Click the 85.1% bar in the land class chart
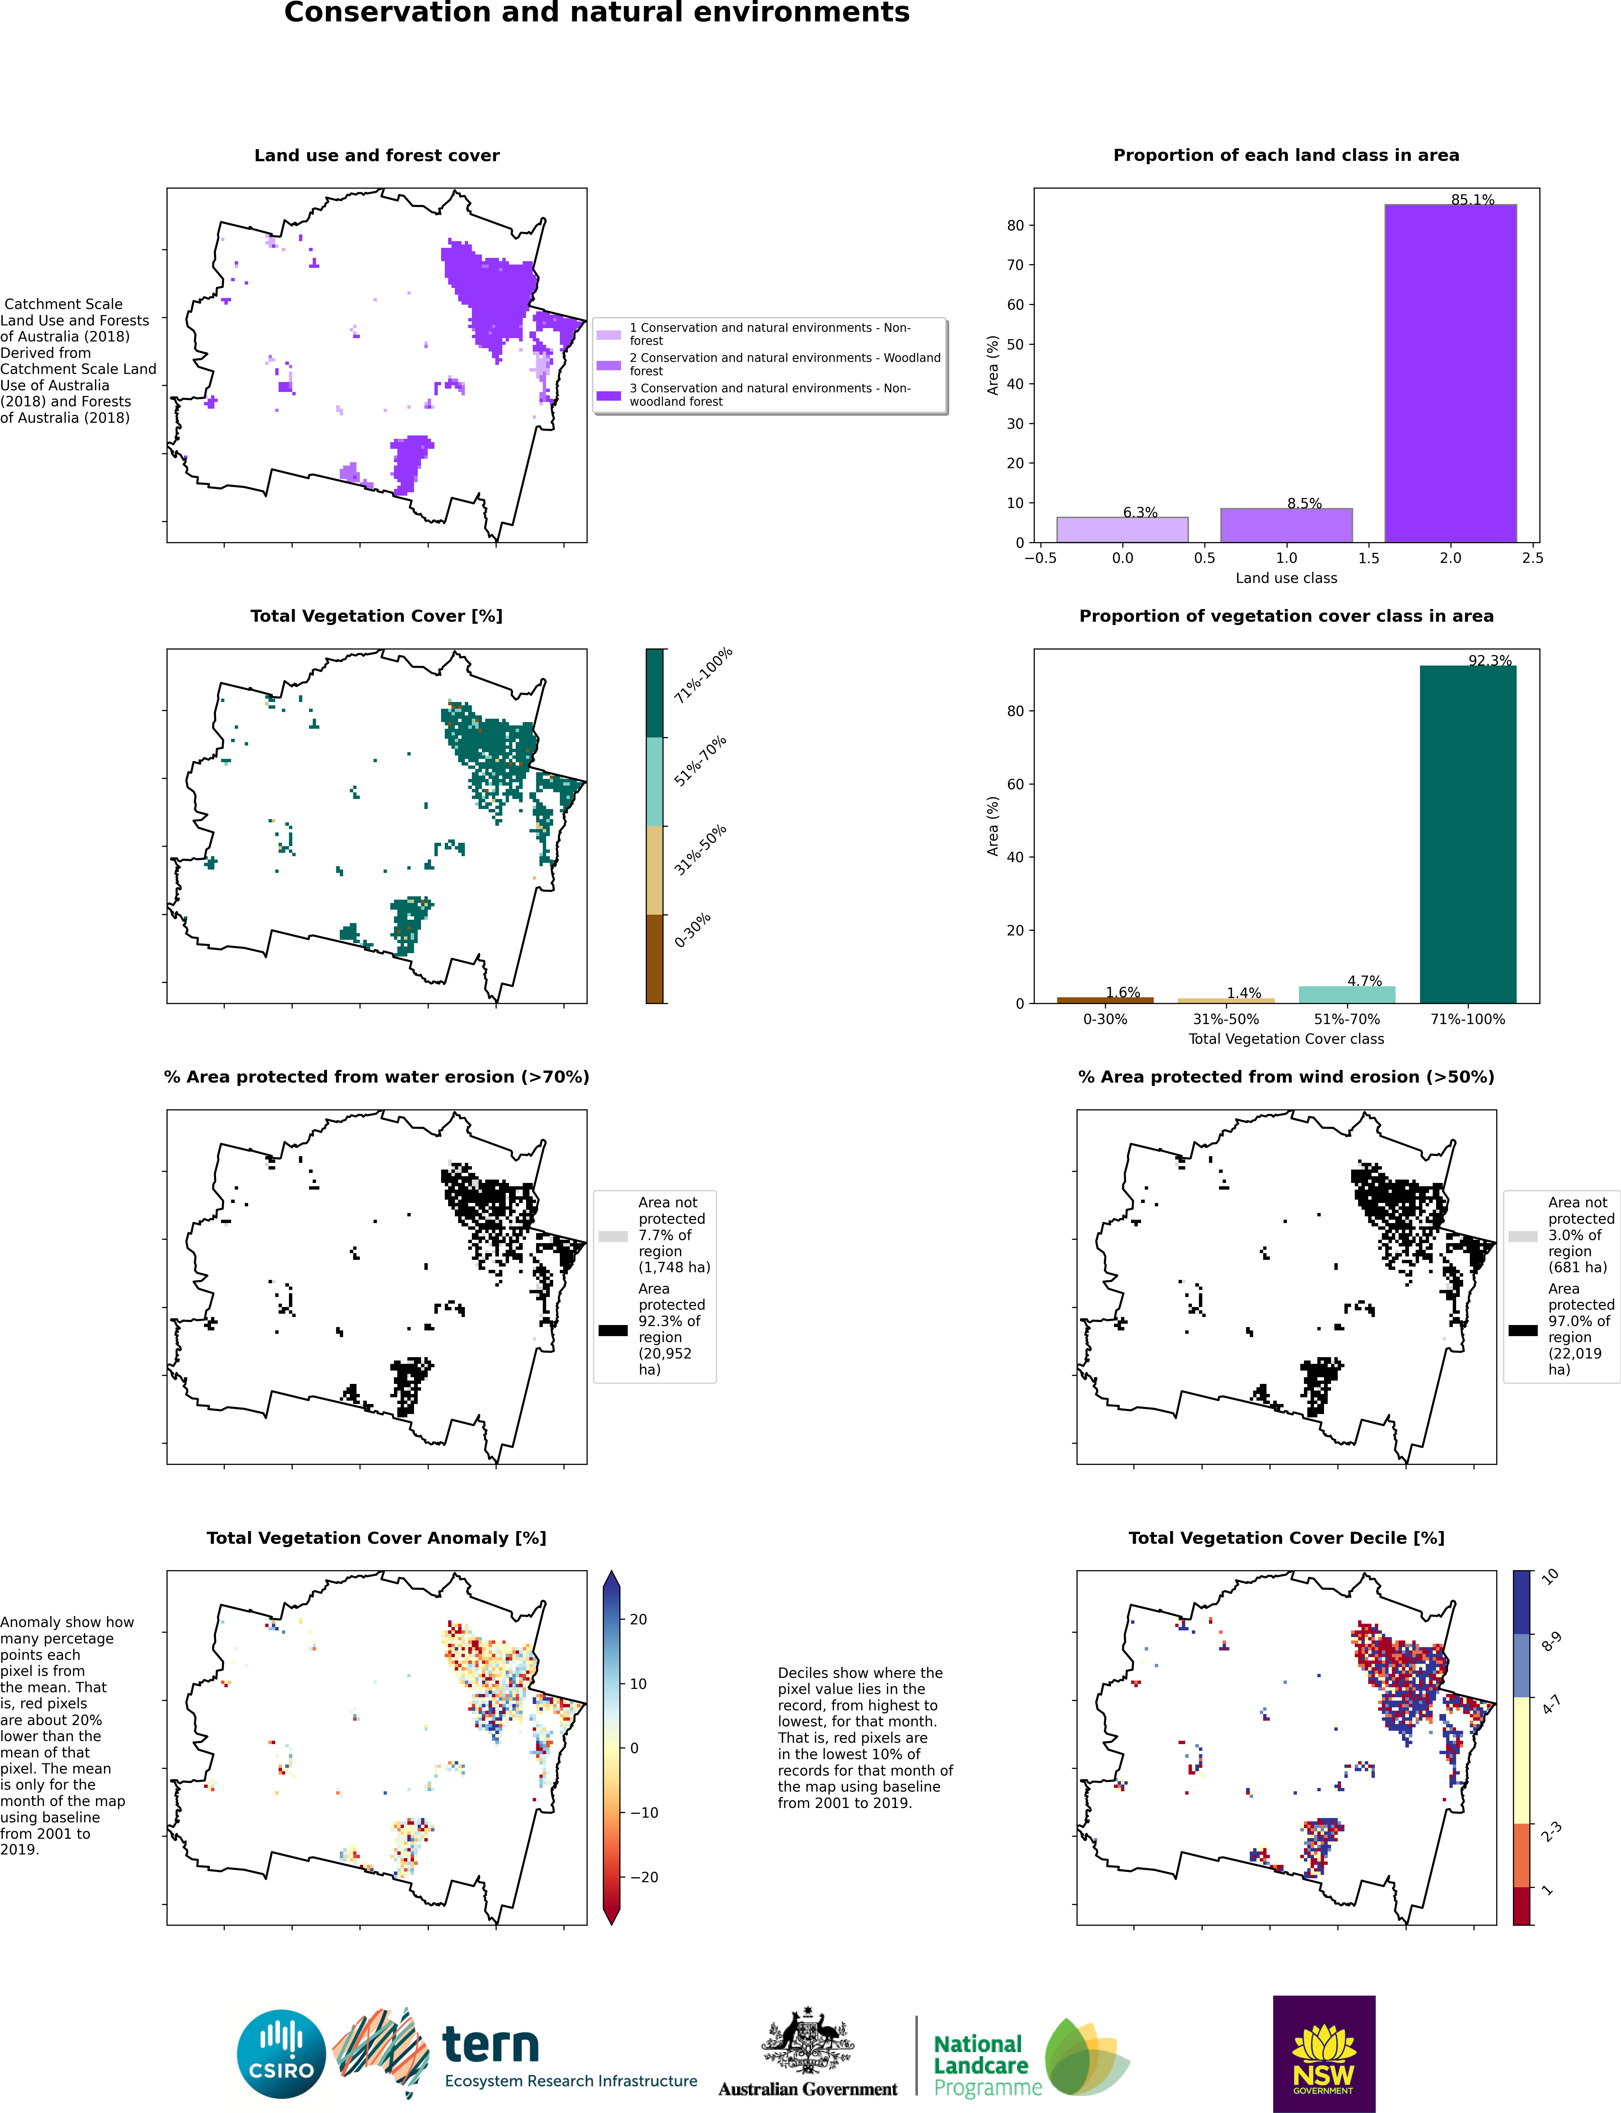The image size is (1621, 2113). [x=1450, y=373]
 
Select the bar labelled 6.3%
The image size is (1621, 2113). [x=1122, y=530]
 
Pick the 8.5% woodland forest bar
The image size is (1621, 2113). [x=1286, y=525]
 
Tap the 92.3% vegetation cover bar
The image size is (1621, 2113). [x=1467, y=834]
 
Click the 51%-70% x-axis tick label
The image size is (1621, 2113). [x=1347, y=1019]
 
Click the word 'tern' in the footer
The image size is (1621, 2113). [x=491, y=2043]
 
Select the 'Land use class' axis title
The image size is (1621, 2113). [x=1286, y=578]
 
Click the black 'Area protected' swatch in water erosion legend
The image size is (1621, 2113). [x=613, y=1330]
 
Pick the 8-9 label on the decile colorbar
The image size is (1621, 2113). [x=1550, y=1641]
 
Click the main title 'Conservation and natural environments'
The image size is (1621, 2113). [x=596, y=13]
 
